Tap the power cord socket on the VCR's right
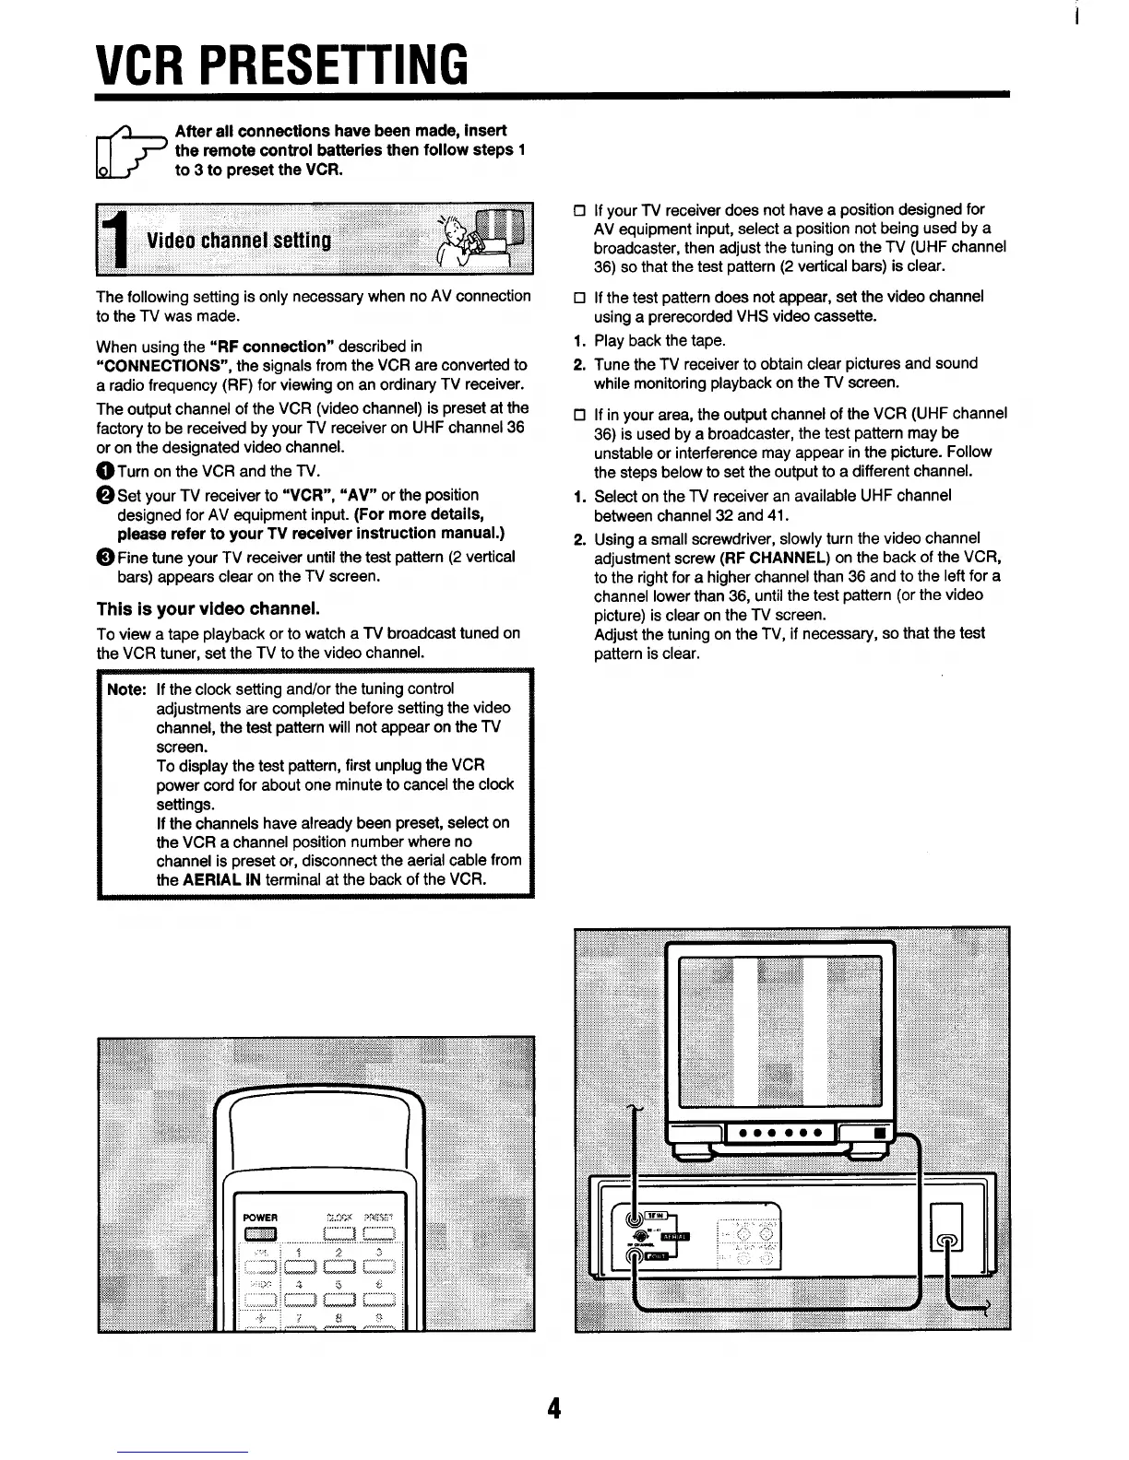pos(949,1241)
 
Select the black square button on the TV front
pos(879,1133)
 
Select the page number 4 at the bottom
pos(553,1408)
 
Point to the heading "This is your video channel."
pos(208,609)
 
